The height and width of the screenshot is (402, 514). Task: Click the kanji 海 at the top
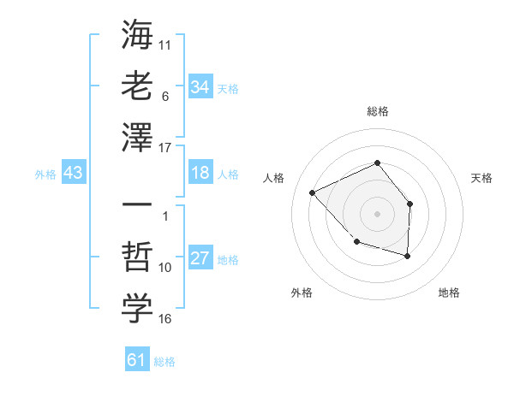(x=137, y=35)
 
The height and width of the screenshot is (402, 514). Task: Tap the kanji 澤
(x=137, y=137)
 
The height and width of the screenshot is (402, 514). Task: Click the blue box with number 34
(x=200, y=87)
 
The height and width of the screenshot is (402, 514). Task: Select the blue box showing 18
(x=200, y=174)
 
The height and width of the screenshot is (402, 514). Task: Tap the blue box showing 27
(x=200, y=259)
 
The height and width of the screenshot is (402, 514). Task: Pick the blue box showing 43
(x=73, y=174)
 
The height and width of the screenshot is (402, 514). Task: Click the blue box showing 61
(x=136, y=360)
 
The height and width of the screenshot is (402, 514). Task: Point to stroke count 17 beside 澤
(x=165, y=147)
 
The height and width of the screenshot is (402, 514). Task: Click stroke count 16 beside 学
(x=165, y=319)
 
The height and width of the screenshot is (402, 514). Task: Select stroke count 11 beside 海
(x=165, y=43)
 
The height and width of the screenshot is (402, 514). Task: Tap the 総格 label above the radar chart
(x=377, y=111)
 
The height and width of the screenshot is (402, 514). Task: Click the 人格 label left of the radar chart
(x=274, y=178)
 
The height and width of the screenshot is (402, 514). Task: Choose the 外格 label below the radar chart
(x=302, y=293)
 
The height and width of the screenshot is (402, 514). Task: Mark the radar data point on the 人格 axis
(x=313, y=192)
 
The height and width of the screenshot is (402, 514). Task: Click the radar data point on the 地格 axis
(x=408, y=256)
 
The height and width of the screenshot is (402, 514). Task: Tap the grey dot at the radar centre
(x=377, y=213)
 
